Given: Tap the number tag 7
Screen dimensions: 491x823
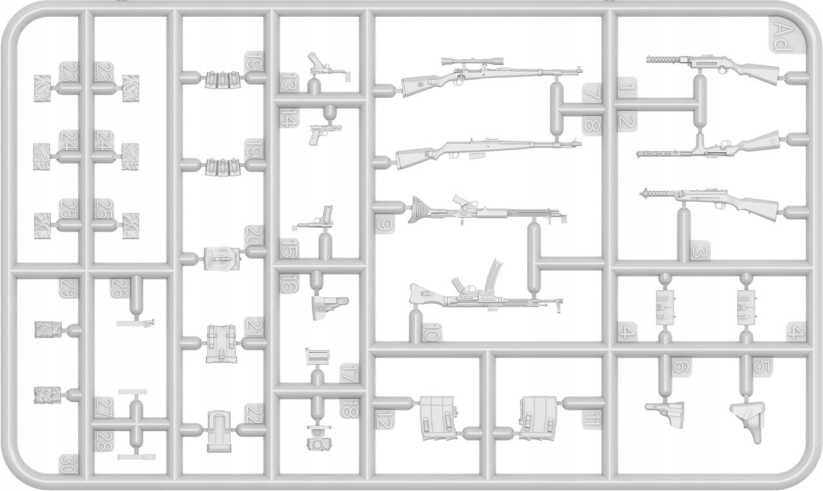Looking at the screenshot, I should pos(592,94).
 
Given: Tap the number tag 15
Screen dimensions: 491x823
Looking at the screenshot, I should pos(289,248).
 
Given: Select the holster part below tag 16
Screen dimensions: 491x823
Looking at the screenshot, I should pos(327,307).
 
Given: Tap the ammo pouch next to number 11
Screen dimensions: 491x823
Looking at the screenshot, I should pos(539,418).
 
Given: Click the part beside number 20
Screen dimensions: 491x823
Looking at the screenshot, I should pos(221,260).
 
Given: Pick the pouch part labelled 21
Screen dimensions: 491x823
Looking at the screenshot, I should pos(220,343).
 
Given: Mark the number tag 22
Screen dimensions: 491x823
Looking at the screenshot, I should pos(255,413).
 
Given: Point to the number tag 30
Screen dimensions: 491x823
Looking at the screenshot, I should pos(66,464).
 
